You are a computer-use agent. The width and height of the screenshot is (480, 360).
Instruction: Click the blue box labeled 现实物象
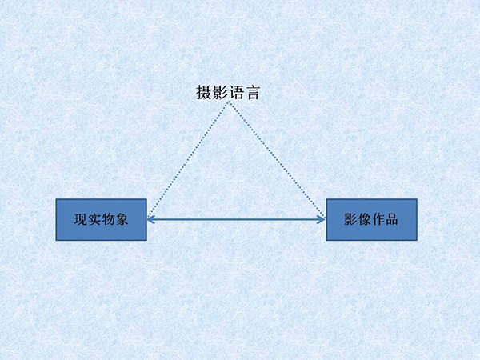101,219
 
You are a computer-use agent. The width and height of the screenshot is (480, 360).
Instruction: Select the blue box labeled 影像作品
372,219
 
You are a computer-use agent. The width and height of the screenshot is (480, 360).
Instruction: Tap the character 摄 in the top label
204,92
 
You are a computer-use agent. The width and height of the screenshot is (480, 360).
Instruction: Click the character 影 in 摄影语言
220,92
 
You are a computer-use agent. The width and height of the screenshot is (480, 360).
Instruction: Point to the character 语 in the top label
236,92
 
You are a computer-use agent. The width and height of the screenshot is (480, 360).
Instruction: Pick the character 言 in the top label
253,92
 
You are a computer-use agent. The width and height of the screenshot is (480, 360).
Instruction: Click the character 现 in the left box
81,219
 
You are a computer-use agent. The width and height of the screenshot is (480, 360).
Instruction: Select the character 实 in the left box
94,219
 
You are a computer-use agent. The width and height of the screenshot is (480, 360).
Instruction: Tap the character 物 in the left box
108,219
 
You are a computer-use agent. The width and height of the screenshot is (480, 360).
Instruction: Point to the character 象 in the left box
122,219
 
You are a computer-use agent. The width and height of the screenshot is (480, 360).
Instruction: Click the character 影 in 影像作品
351,219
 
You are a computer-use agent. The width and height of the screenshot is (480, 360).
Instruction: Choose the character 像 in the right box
364,219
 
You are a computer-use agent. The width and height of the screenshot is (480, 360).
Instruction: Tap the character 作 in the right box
378,219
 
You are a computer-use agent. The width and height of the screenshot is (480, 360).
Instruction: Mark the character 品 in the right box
392,219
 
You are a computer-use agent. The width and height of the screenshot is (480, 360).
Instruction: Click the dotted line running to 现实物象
188,159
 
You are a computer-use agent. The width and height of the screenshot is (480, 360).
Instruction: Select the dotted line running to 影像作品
277,159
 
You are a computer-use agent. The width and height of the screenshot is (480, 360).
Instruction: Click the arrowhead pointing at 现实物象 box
150,219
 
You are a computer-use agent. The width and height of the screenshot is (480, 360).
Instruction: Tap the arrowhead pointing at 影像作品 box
322,219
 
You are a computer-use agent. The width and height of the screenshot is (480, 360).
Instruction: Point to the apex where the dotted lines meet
229,102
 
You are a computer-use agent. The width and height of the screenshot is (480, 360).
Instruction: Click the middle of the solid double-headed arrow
236,219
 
